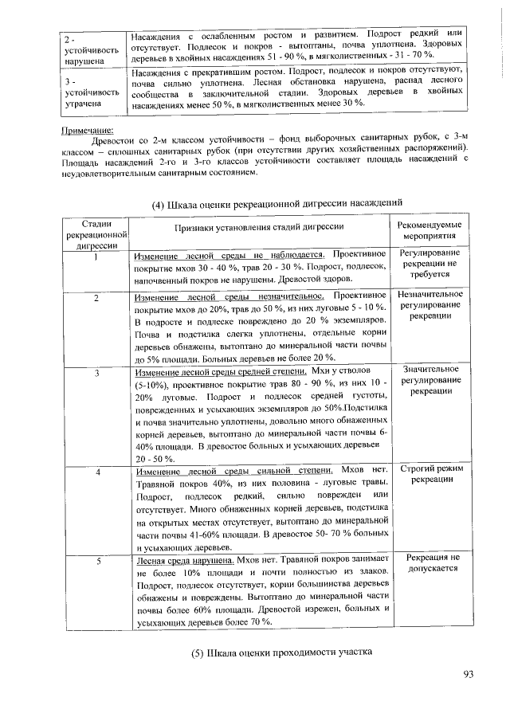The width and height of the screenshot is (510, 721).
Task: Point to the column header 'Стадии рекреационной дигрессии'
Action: [95, 234]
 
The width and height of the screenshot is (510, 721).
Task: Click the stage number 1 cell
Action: [95, 257]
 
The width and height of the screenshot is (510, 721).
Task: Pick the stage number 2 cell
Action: [95, 297]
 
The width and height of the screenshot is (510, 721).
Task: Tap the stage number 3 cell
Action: [95, 373]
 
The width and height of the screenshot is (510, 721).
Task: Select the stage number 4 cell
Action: [95, 472]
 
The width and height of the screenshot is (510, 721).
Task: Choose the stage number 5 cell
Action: [95, 561]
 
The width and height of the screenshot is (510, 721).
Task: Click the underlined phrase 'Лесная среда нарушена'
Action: [184, 560]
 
